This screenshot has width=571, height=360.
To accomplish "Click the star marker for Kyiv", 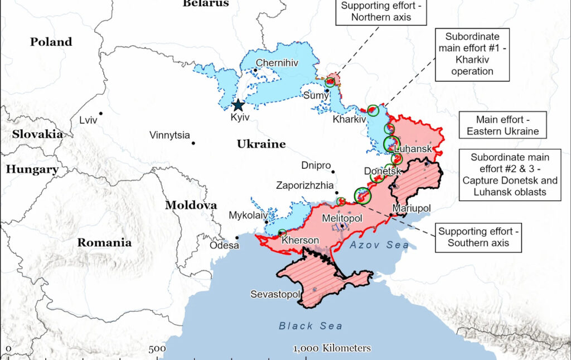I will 238,105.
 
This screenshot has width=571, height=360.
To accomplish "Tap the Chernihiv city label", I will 277,63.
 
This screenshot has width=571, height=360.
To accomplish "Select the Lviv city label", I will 88,119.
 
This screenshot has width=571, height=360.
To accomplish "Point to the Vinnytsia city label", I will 170,135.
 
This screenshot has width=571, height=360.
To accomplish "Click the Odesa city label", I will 224,245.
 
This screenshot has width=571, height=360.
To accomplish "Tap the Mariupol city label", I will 412,208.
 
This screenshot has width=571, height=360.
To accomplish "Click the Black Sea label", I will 311,326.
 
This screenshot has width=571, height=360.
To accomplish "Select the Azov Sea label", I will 379,245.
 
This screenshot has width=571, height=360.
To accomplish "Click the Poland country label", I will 51,42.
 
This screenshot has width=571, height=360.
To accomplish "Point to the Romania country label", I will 104,242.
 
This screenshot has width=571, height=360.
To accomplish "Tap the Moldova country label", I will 191,205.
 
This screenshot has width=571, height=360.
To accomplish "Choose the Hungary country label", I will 32,169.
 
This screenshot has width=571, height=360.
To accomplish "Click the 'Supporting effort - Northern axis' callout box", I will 381,12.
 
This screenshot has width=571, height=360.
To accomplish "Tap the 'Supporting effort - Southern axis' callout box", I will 479,237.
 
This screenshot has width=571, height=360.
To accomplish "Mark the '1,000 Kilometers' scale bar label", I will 332,348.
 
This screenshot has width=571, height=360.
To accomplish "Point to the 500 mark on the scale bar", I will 157,349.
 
